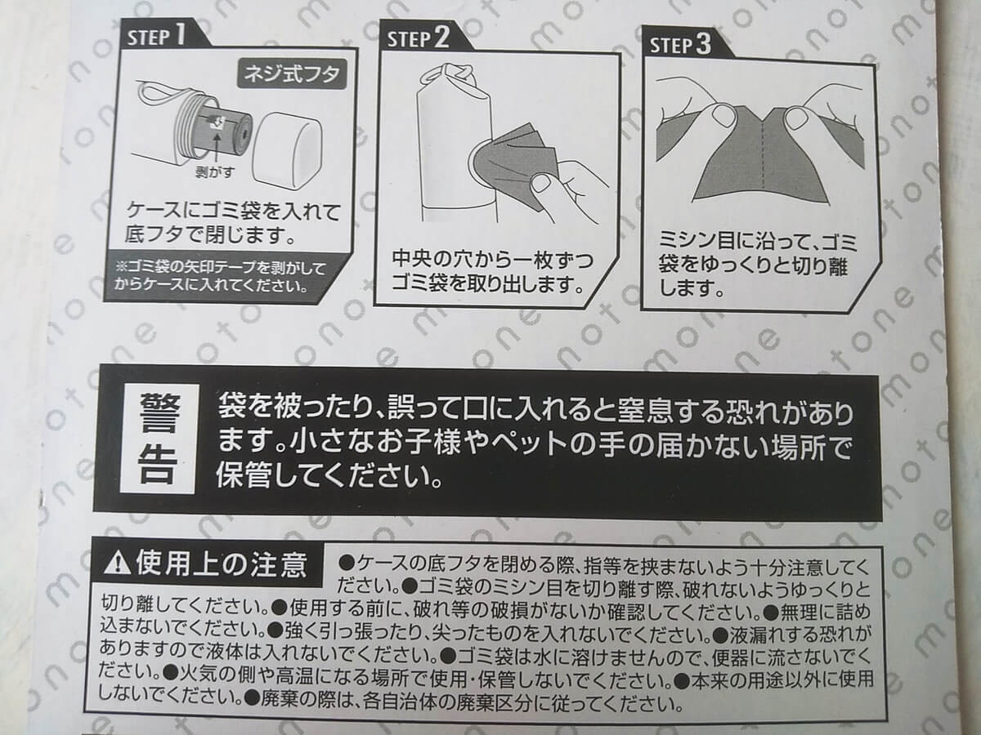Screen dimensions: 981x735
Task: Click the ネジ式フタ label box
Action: point(291,74)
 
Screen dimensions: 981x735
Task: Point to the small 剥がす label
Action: point(215,172)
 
